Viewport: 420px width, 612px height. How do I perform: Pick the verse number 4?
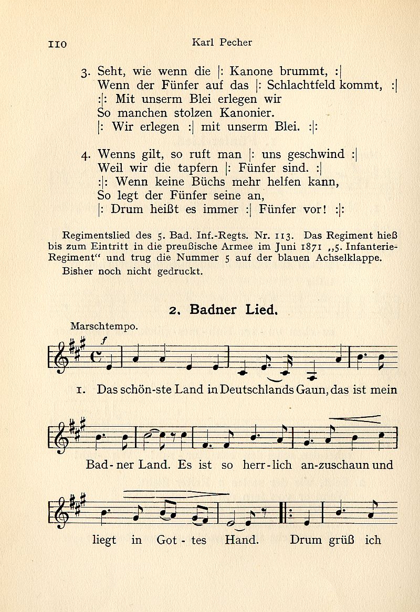[x=86, y=155]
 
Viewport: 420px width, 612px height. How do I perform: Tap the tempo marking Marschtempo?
[x=103, y=325]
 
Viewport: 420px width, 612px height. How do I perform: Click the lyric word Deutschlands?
[x=255, y=390]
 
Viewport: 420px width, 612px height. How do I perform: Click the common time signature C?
[x=98, y=357]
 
